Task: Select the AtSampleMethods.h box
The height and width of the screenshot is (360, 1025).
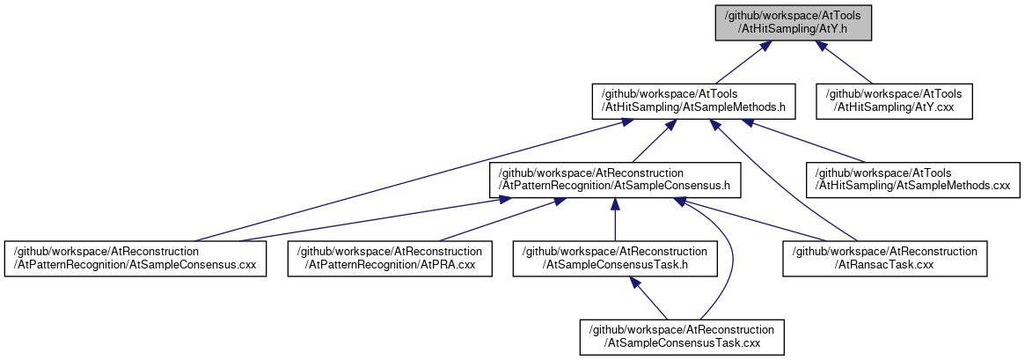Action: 693,101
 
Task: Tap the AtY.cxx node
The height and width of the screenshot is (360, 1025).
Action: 894,101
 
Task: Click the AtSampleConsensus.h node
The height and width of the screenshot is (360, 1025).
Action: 615,180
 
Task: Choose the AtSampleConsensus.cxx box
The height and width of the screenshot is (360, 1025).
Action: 135,259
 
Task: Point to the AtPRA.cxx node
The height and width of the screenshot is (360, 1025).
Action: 390,259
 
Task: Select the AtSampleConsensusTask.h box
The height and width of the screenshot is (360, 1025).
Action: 615,259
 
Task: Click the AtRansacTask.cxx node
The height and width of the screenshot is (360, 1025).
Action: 885,259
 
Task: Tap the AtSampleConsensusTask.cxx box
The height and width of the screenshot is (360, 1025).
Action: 682,337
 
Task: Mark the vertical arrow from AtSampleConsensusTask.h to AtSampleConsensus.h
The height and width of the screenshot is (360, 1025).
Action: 615,219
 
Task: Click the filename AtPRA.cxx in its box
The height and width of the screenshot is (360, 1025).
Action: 447,266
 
